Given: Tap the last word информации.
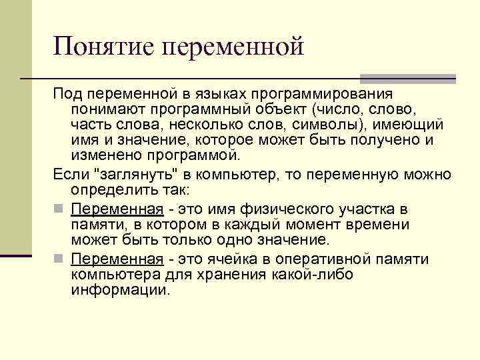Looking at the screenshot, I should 121,290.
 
